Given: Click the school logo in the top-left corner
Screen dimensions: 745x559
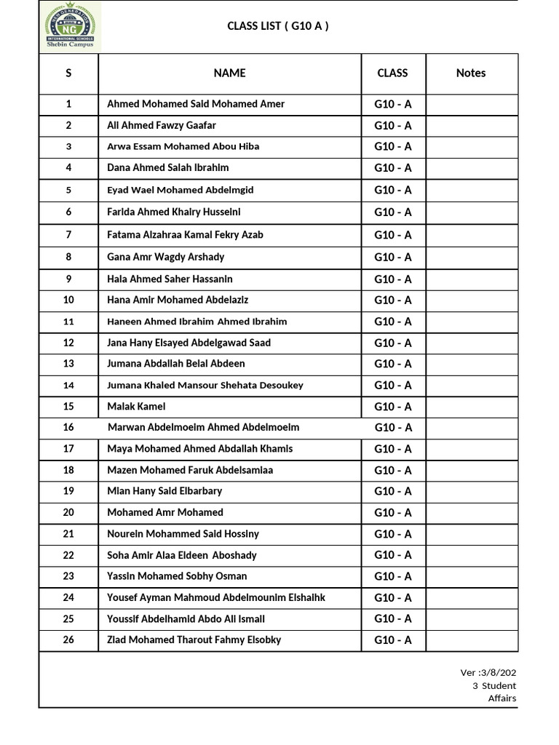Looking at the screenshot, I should (69, 26).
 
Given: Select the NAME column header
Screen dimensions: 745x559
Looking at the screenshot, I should (229, 73).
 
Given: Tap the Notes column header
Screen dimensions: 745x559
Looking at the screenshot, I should (471, 73).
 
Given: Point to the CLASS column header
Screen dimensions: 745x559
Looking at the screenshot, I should (393, 73).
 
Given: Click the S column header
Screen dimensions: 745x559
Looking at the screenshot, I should (68, 73).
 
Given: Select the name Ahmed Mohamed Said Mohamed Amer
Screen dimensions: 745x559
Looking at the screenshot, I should (196, 104).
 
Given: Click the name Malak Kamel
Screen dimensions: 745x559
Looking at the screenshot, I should (136, 406).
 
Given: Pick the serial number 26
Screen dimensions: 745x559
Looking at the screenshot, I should (68, 640).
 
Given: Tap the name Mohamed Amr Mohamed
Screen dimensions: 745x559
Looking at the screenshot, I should (165, 512).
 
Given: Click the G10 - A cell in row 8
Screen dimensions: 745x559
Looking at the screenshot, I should (393, 257).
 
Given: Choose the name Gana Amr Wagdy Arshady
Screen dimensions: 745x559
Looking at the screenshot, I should (166, 257).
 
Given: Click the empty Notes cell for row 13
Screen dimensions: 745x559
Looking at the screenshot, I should (472, 364).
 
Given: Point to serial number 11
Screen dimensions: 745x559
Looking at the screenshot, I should (68, 322).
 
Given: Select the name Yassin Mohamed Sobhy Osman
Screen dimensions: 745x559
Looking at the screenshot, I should (177, 576).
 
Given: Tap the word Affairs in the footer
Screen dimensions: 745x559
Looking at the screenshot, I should (501, 698).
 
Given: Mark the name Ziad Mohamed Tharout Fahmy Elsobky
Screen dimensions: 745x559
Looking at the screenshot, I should (194, 640).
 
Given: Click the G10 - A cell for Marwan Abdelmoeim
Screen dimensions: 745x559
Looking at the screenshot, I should (393, 428).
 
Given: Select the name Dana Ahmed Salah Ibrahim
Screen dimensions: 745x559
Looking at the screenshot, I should (167, 167).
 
